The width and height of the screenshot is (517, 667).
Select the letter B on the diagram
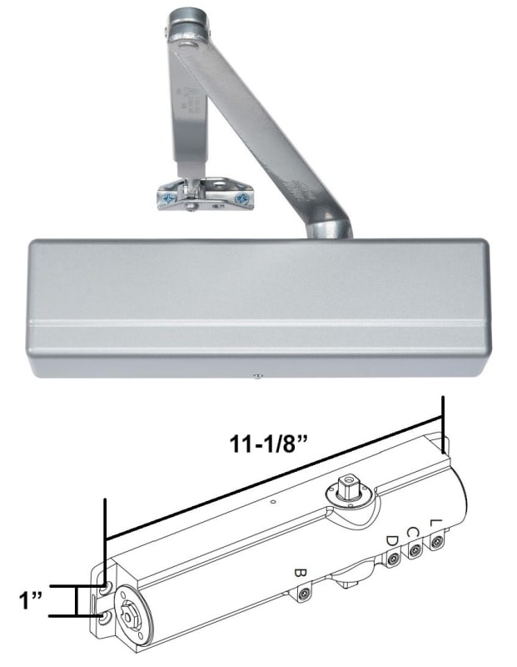point(301,574)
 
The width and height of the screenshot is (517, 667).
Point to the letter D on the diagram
point(391,541)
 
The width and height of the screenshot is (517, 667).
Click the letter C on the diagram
point(412,530)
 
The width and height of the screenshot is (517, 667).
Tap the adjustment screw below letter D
point(393,560)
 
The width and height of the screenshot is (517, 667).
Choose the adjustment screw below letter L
point(435,542)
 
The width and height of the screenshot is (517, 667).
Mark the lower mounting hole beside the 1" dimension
point(102,617)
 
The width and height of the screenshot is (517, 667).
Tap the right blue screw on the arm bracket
point(241,198)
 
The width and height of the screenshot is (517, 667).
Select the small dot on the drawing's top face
point(272,503)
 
